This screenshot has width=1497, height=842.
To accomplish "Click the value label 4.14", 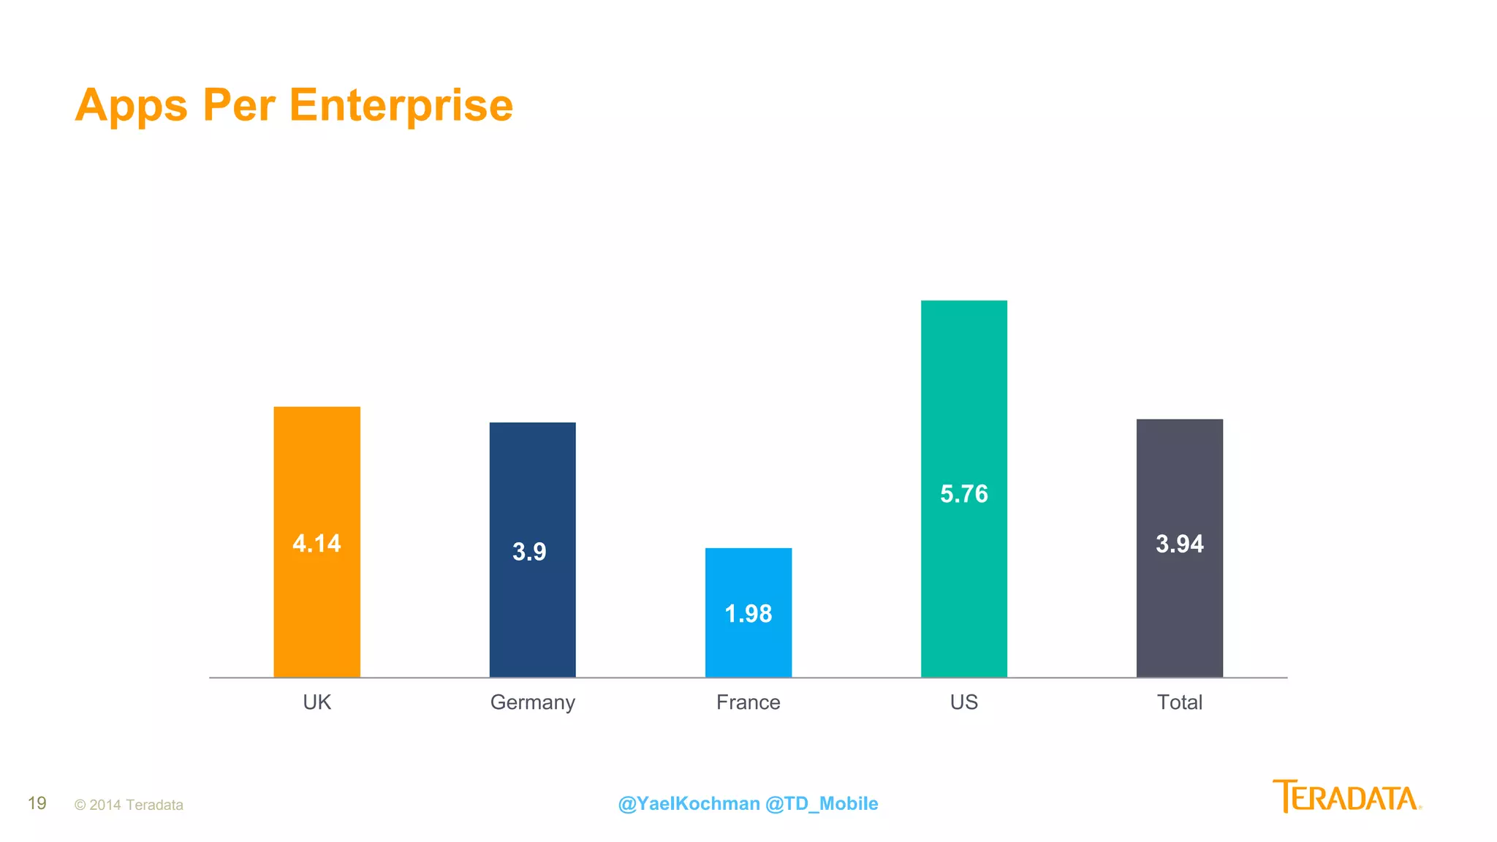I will coord(317,544).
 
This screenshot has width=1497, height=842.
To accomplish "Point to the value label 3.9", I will coord(529,552).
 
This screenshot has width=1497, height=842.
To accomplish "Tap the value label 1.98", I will coord(748,614).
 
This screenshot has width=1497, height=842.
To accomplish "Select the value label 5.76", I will coord(963,494).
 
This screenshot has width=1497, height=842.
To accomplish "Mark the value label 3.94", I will coord(1179,544).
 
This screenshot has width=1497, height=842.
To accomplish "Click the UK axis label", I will coord(317,702).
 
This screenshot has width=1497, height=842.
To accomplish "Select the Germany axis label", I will coord(532,702).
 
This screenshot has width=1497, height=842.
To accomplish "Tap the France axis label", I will coord(748,702).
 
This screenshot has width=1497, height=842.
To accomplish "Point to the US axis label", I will coord(963,702).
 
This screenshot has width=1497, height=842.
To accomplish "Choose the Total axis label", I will coord(1179,702).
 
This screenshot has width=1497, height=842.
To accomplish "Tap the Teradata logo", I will coord(1346,797).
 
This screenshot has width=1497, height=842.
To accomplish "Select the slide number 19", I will coord(37,803).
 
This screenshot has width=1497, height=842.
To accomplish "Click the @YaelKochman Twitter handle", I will coord(689,803).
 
